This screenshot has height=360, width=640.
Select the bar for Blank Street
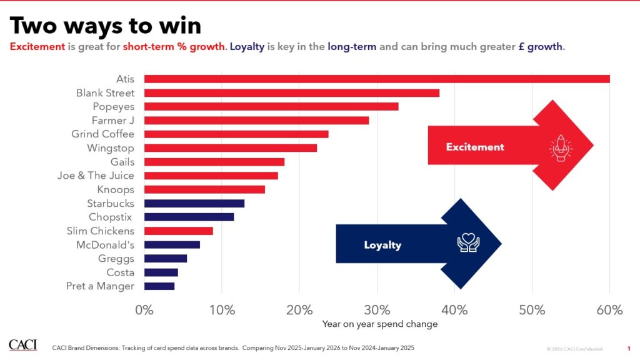click(x=292, y=92)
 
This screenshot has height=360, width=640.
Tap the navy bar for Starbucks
click(x=194, y=203)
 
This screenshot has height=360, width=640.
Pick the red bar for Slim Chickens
click(x=179, y=231)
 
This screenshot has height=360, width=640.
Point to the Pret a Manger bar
click(x=159, y=286)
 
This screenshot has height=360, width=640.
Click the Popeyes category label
click(x=113, y=106)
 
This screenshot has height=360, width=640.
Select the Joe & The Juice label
click(x=96, y=176)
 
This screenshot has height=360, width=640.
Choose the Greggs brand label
click(x=116, y=259)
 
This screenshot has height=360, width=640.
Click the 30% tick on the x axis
click(x=377, y=310)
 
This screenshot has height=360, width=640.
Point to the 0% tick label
click(x=144, y=310)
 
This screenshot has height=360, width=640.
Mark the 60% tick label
click(x=609, y=310)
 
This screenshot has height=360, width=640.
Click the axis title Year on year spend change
click(x=379, y=324)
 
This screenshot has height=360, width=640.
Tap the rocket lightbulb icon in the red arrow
click(x=559, y=147)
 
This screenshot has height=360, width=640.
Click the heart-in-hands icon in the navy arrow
click(x=468, y=244)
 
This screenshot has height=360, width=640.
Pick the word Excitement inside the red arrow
click(x=474, y=147)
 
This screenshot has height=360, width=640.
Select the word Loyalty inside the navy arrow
click(x=382, y=245)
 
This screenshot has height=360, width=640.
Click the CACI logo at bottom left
click(x=22, y=345)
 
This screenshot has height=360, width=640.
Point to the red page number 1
click(x=628, y=348)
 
